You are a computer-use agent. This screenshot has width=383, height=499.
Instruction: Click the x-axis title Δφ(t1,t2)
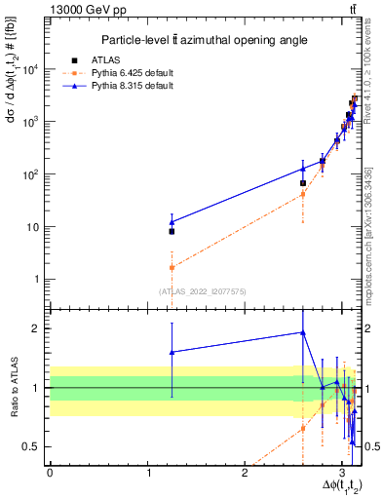click(x=333, y=486)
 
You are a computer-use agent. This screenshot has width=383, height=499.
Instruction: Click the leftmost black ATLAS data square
click(x=172, y=231)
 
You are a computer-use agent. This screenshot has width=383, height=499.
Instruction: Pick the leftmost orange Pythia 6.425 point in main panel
click(x=172, y=267)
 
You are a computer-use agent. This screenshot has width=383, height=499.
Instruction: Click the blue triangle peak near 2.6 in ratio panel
click(x=303, y=332)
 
